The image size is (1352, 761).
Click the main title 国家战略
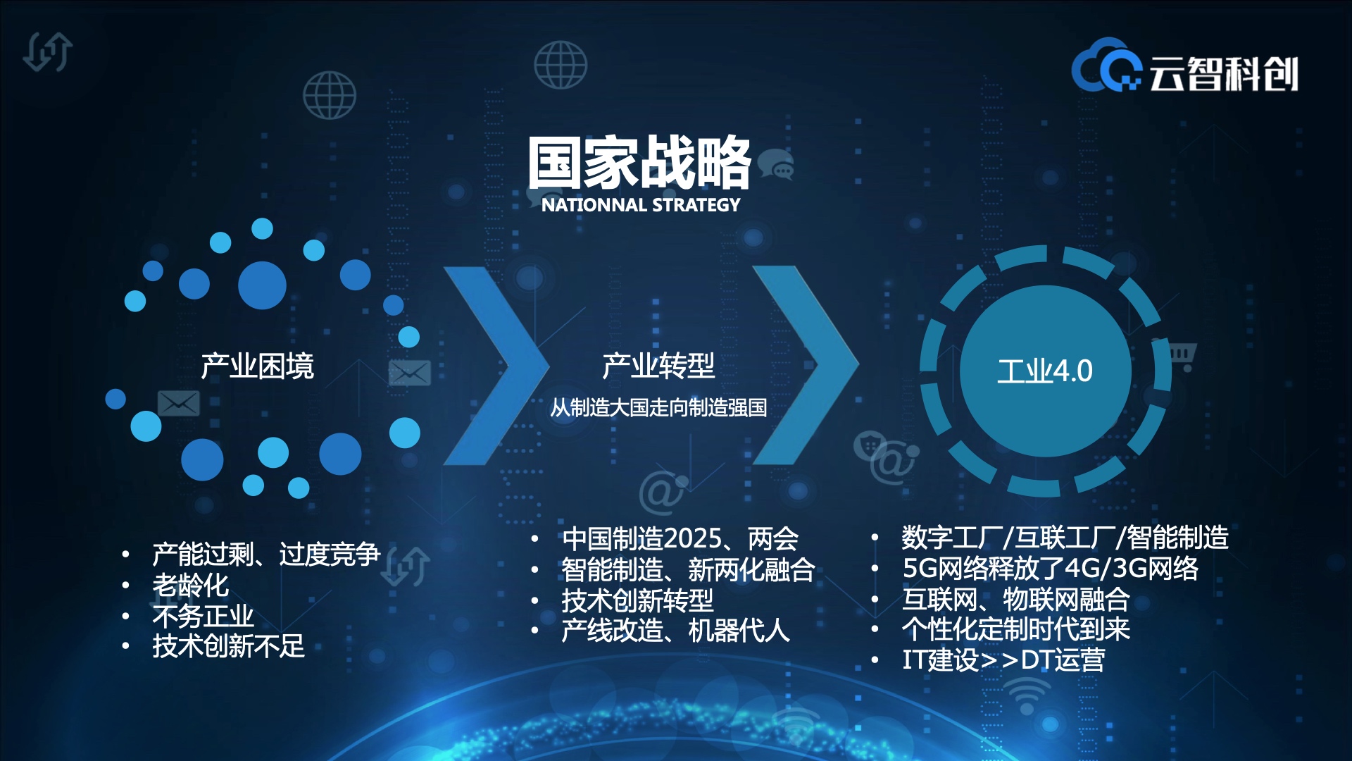(640, 163)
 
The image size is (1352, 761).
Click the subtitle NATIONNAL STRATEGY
(641, 205)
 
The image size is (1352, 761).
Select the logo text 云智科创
(1224, 74)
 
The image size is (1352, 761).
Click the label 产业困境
(257, 366)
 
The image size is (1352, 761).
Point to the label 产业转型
(658, 366)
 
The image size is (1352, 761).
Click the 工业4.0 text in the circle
(1045, 371)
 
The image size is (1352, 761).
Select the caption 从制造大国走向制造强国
(658, 407)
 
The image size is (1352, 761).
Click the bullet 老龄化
(191, 585)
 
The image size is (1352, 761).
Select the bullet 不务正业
(203, 616)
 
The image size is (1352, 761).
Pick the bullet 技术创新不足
(229, 646)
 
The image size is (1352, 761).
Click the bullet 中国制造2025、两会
(680, 539)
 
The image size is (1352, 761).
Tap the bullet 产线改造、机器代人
(675, 630)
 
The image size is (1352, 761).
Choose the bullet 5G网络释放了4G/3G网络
(1051, 568)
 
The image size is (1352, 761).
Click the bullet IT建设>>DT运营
(1003, 660)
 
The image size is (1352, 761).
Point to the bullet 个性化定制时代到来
(1016, 629)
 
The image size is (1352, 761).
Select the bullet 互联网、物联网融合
(1016, 599)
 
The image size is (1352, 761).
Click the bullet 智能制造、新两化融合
(688, 569)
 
